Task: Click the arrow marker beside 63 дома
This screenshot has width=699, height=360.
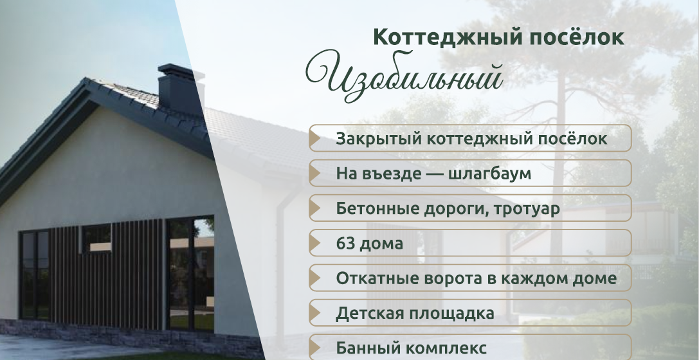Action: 314,243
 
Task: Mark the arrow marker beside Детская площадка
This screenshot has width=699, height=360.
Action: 314,313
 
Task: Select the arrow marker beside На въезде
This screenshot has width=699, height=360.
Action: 314,173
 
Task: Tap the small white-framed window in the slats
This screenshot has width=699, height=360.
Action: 96,239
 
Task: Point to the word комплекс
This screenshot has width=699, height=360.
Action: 449,348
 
